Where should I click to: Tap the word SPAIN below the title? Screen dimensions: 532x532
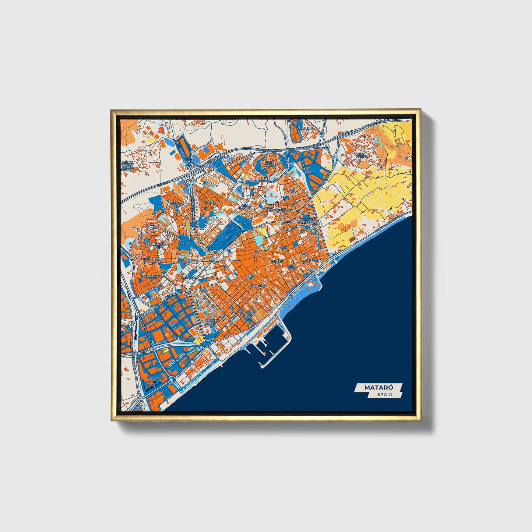pyautogui.click(x=384, y=395)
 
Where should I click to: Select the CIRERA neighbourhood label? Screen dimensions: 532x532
pyautogui.click(x=210, y=202)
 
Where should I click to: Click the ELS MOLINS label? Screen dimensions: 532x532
pyautogui.click(x=245, y=206)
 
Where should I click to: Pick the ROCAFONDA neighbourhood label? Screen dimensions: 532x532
pyautogui.click(x=279, y=211)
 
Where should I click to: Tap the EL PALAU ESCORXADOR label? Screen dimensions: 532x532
pyautogui.click(x=309, y=221)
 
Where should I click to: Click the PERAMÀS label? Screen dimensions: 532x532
pyautogui.click(x=189, y=278)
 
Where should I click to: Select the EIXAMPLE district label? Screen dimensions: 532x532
pyautogui.click(x=258, y=286)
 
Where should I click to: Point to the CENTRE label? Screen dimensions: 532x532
pyautogui.click(x=276, y=261)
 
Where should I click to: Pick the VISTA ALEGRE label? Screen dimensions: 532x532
pyautogui.click(x=270, y=164)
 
